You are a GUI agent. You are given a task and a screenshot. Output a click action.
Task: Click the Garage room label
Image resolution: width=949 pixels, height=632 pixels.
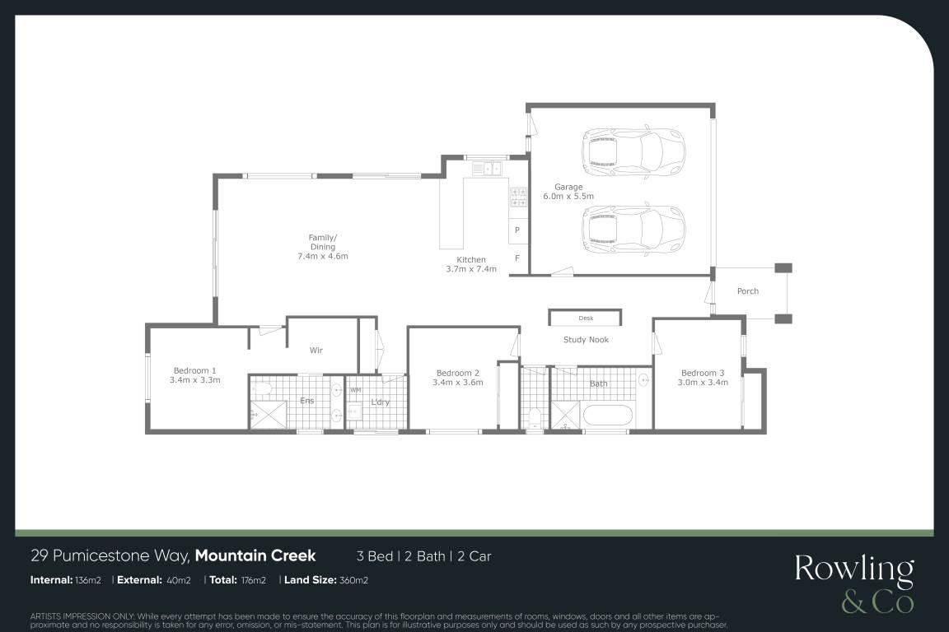[x=568, y=187]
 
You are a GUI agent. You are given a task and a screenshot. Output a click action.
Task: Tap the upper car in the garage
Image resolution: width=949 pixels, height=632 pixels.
[x=633, y=150]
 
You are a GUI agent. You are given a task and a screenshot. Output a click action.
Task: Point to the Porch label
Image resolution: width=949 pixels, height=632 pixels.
[x=747, y=291]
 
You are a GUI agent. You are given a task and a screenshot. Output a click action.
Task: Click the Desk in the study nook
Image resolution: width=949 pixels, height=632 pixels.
[x=585, y=318]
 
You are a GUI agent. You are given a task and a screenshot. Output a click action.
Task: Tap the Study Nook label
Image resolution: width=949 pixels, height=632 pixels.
[x=586, y=339]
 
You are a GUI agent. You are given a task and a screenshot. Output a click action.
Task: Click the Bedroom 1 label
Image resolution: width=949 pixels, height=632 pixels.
[x=194, y=370]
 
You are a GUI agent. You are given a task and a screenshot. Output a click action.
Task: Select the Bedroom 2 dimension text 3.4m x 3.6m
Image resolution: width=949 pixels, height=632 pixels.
[x=457, y=382]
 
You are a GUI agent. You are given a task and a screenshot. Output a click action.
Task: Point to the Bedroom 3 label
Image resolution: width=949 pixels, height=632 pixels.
[x=703, y=373]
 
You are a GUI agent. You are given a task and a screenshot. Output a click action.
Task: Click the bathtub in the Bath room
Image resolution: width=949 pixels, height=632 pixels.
[x=607, y=416]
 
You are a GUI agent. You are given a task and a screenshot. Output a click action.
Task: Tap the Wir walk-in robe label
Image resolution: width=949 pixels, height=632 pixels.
[x=316, y=351]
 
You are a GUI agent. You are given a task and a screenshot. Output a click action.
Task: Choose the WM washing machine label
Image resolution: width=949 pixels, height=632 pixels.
[x=355, y=390]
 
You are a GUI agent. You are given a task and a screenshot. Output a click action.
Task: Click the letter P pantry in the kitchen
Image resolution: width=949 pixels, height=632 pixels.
[x=517, y=230]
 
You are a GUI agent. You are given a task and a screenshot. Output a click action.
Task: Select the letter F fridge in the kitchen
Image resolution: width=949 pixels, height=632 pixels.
[x=517, y=258]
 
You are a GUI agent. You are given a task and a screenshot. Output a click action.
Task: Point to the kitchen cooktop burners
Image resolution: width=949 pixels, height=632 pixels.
[x=518, y=197]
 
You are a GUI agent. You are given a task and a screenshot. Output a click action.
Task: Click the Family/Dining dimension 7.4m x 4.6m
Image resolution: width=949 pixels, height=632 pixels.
[x=323, y=256]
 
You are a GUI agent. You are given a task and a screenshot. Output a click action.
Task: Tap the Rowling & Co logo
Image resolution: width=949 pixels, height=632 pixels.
[x=854, y=583]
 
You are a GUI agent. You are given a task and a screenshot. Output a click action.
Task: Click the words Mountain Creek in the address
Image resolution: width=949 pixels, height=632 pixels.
[x=255, y=555]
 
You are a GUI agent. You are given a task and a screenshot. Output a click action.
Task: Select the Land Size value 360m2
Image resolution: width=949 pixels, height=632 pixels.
[x=353, y=580]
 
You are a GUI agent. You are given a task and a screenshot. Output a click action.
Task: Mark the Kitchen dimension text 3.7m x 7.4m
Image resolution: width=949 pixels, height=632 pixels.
[x=471, y=269]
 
